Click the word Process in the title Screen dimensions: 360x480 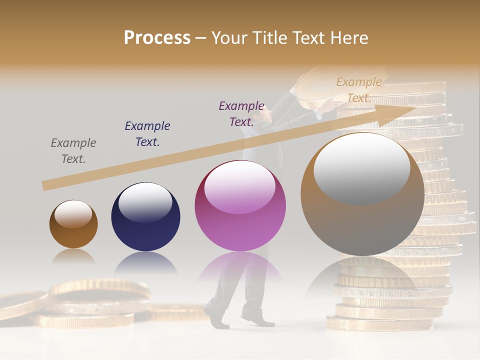coord(157,37)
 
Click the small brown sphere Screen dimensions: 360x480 coord(73,224)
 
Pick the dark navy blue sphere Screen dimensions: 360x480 coord(145,217)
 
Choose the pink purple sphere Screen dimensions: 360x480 coord(240,206)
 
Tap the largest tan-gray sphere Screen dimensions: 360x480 coord(362,194)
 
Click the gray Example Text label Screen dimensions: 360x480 coord(73,150)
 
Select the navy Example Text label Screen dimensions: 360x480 coord(147,133)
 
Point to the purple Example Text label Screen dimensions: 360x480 coord(241,113)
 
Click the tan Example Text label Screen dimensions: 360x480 coord(358,89)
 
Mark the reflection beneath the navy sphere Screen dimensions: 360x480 coord(145,262)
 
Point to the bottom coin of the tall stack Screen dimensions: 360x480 coord(380,323)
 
